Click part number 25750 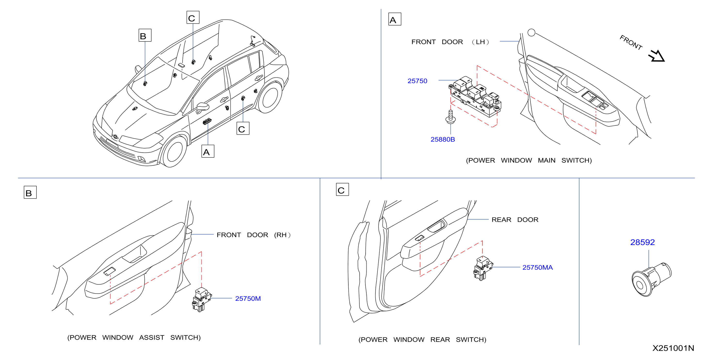pos(417,81)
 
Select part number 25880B pos(442,139)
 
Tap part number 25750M pos(248,299)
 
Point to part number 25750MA pos(537,268)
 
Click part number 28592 pos(642,242)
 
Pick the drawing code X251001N pos(673,348)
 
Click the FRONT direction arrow pos(657,56)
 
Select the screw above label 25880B pos(450,117)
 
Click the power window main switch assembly pos(475,96)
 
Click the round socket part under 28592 pos(651,279)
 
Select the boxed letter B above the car pos(145,35)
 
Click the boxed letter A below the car pos(208,151)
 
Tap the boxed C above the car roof pos(193,17)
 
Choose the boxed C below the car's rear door pos(243,128)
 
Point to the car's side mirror pos(203,108)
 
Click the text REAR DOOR pos(515,220)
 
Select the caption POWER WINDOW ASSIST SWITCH pos(134,338)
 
